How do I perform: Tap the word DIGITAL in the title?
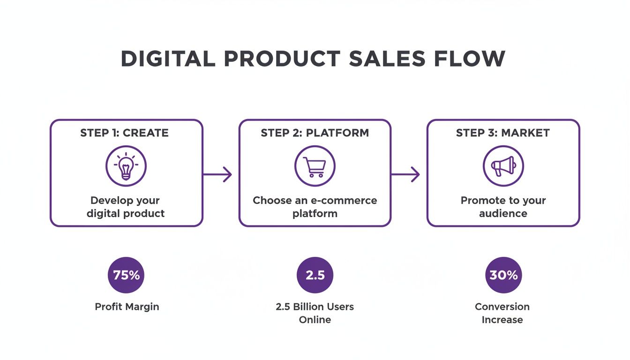[x=165, y=59]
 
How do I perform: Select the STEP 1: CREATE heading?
[x=124, y=133]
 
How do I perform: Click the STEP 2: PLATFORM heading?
[x=315, y=133]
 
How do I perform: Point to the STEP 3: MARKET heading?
[x=502, y=133]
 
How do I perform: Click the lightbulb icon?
[x=126, y=166]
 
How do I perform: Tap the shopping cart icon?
[x=315, y=166]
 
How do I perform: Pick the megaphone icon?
[x=503, y=166]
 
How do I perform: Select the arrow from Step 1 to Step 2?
[x=218, y=174]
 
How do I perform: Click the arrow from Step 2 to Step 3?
[x=406, y=174]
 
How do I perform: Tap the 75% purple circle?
[x=126, y=275]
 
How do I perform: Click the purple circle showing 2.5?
[x=315, y=275]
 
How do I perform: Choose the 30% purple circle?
[x=503, y=275]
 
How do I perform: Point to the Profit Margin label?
[x=127, y=307]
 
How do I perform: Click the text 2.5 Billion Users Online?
[x=315, y=313]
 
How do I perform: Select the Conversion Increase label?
[x=502, y=313]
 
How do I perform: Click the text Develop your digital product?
[x=125, y=207]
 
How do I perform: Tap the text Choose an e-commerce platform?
[x=315, y=207]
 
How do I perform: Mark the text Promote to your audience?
[x=503, y=207]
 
